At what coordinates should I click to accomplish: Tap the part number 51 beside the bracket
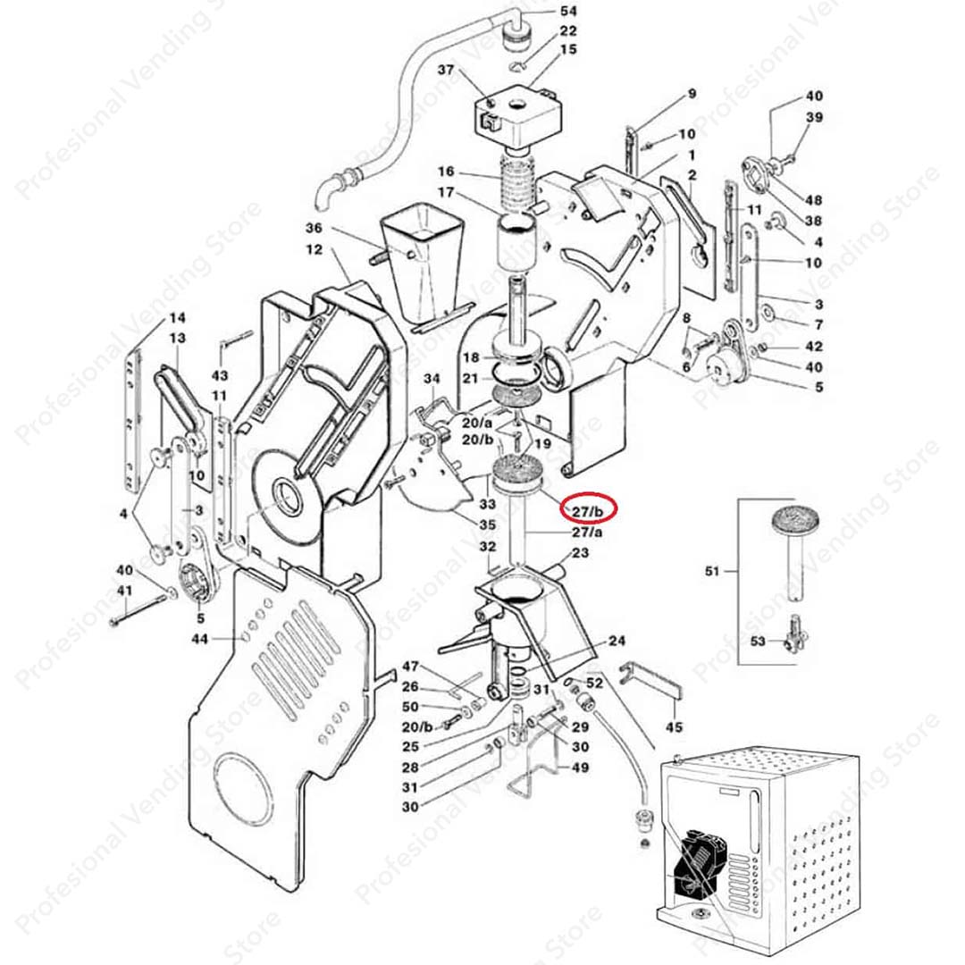tap(712, 569)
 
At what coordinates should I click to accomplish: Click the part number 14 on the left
tap(177, 318)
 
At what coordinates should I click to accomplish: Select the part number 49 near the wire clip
tap(580, 767)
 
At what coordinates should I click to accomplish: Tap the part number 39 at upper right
tap(814, 118)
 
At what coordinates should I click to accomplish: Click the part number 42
tap(814, 347)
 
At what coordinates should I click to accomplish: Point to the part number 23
tap(580, 553)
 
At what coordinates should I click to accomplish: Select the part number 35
tap(487, 524)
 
